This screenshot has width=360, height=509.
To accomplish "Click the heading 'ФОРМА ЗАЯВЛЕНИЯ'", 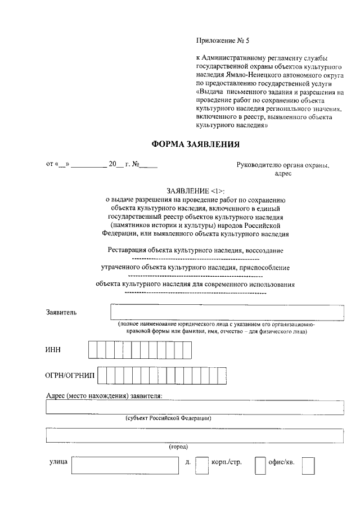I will (196, 144).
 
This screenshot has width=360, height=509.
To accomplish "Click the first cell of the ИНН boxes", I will (92, 350).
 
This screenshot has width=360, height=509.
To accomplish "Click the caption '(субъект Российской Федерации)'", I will (168, 418).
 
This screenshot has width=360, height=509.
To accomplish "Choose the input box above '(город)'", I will (195, 435).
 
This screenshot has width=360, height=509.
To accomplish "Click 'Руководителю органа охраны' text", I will (283, 165).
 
